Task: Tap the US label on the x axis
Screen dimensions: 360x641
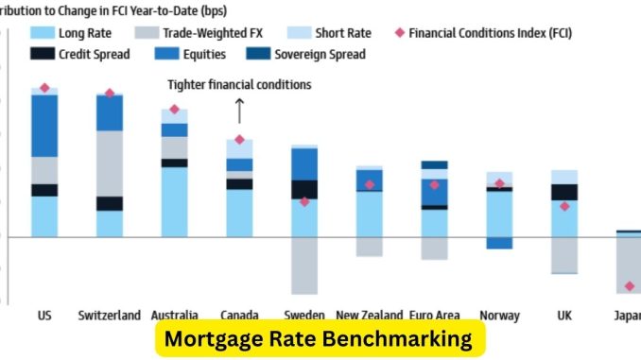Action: click(x=44, y=315)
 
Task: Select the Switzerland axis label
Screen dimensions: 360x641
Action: click(x=110, y=315)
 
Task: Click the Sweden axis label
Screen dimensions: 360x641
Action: click(x=304, y=315)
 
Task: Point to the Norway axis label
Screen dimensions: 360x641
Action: click(x=499, y=315)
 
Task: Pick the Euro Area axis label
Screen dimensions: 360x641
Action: click(x=434, y=315)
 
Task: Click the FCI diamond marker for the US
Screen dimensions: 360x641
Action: click(x=44, y=88)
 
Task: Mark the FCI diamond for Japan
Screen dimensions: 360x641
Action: click(x=630, y=286)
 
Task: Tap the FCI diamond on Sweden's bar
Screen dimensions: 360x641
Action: click(x=304, y=201)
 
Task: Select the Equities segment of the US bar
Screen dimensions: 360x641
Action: click(x=44, y=125)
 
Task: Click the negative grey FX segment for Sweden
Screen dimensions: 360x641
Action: click(x=304, y=265)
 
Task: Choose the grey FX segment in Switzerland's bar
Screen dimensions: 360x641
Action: click(x=110, y=163)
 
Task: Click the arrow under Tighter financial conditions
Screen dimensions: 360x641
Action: click(x=239, y=111)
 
